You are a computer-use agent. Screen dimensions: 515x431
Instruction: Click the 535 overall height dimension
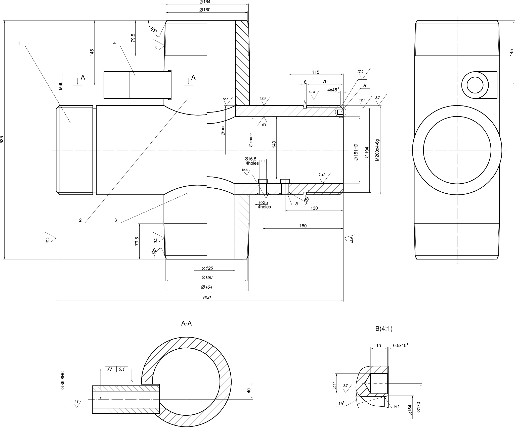pyautogui.click(x=2, y=140)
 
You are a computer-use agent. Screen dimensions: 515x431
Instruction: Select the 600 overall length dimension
pyautogui.click(x=207, y=298)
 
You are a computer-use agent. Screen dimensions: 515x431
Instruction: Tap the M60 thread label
pyautogui.click(x=60, y=86)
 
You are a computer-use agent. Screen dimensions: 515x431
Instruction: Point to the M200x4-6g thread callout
pyautogui.click(x=377, y=150)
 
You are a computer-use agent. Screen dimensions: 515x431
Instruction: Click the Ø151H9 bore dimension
pyautogui.click(x=356, y=152)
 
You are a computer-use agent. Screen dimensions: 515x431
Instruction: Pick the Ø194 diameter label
pyautogui.click(x=367, y=152)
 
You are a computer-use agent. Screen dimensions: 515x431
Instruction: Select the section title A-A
pyautogui.click(x=186, y=324)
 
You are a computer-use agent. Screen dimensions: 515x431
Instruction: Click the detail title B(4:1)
pyautogui.click(x=384, y=329)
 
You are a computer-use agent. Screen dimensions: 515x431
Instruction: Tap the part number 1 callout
pyautogui.click(x=20, y=43)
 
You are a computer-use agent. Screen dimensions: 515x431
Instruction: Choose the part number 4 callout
pyautogui.click(x=115, y=43)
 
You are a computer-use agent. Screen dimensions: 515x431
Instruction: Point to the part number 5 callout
pyautogui.click(x=297, y=204)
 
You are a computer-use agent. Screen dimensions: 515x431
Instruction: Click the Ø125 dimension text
pyautogui.click(x=207, y=268)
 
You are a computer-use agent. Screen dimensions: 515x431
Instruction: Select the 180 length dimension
pyautogui.click(x=303, y=226)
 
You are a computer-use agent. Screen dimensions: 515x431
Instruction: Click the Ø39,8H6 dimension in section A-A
pyautogui.click(x=63, y=380)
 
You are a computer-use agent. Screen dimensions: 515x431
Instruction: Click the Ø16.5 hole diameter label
pyautogui.click(x=250, y=159)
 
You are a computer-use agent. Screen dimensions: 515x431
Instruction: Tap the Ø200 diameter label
pyautogui.click(x=223, y=131)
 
